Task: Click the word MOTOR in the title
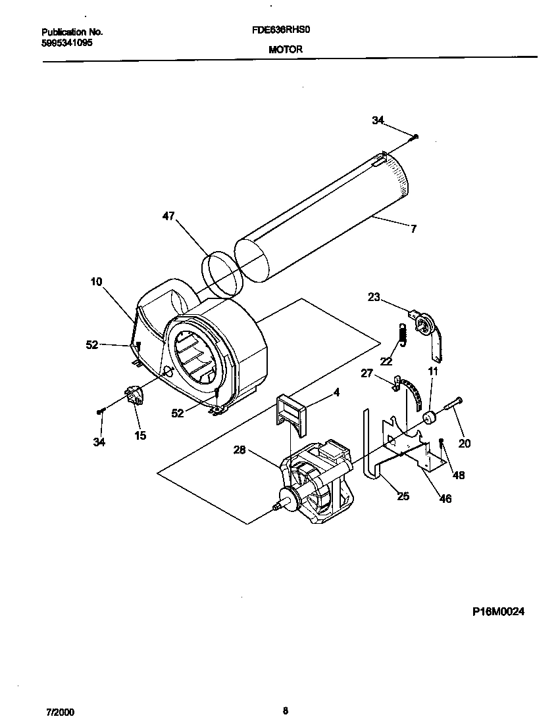point(286,49)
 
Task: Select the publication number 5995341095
point(66,42)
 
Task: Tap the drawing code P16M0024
point(498,611)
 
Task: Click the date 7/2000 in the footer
point(60,711)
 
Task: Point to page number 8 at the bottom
point(284,711)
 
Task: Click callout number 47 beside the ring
point(168,216)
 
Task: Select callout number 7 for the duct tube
point(413,229)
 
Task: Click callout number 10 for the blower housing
point(96,282)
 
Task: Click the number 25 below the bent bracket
point(403,496)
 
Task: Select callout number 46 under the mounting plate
point(445,499)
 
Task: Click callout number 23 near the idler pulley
point(374,297)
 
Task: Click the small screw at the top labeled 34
point(416,137)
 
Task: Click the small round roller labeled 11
point(430,417)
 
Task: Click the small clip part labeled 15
point(136,396)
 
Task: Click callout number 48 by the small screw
point(459,475)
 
